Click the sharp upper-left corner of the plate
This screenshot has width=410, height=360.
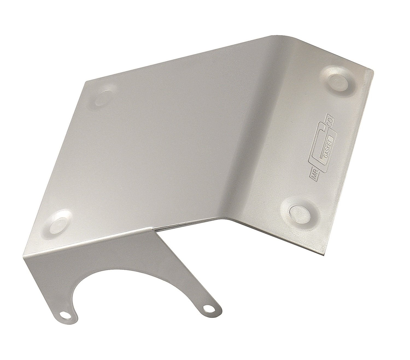pos(87,81)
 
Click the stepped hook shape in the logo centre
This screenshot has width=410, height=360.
pos(327,137)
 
